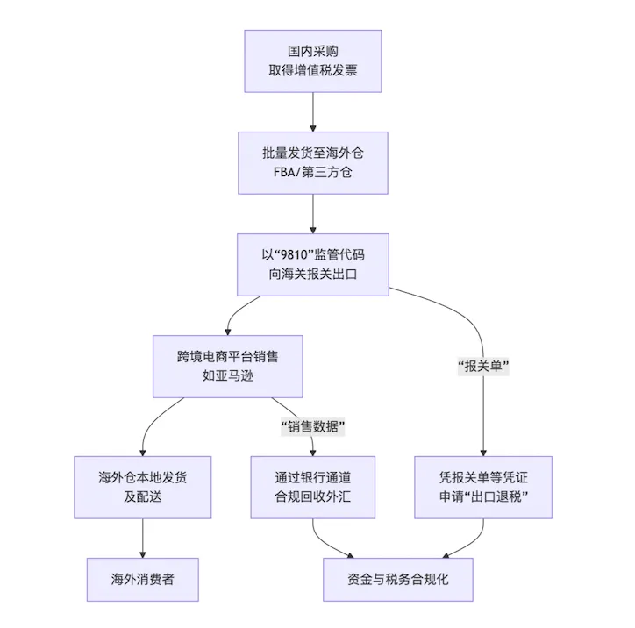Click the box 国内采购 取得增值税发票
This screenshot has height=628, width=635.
pos(312,61)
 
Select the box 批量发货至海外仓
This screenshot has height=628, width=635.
pos(312,162)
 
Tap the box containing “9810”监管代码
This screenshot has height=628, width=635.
pos(312,264)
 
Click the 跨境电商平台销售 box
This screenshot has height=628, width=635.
pos(228,366)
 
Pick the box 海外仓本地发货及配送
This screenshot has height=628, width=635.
pos(142,487)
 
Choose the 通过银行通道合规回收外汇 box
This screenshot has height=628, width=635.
pos(313,487)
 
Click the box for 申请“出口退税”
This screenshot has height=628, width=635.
pos(483,487)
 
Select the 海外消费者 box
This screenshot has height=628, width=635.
pos(142,579)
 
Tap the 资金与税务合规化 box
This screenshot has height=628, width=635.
pos(398,579)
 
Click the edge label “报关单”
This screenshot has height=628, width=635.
pos(484,367)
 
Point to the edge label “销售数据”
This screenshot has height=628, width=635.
pos(313,427)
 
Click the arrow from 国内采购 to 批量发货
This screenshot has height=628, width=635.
pos(312,111)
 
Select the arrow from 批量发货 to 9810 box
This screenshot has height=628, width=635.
pos(312,213)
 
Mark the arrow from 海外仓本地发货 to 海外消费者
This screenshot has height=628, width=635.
pos(142,538)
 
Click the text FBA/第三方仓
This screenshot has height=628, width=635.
pos(312,172)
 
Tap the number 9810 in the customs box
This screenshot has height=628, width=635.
pos(295,254)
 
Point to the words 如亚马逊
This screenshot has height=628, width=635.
pos(228,375)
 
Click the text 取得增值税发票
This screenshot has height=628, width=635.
pos(312,70)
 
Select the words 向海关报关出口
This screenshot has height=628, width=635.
pos(312,274)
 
